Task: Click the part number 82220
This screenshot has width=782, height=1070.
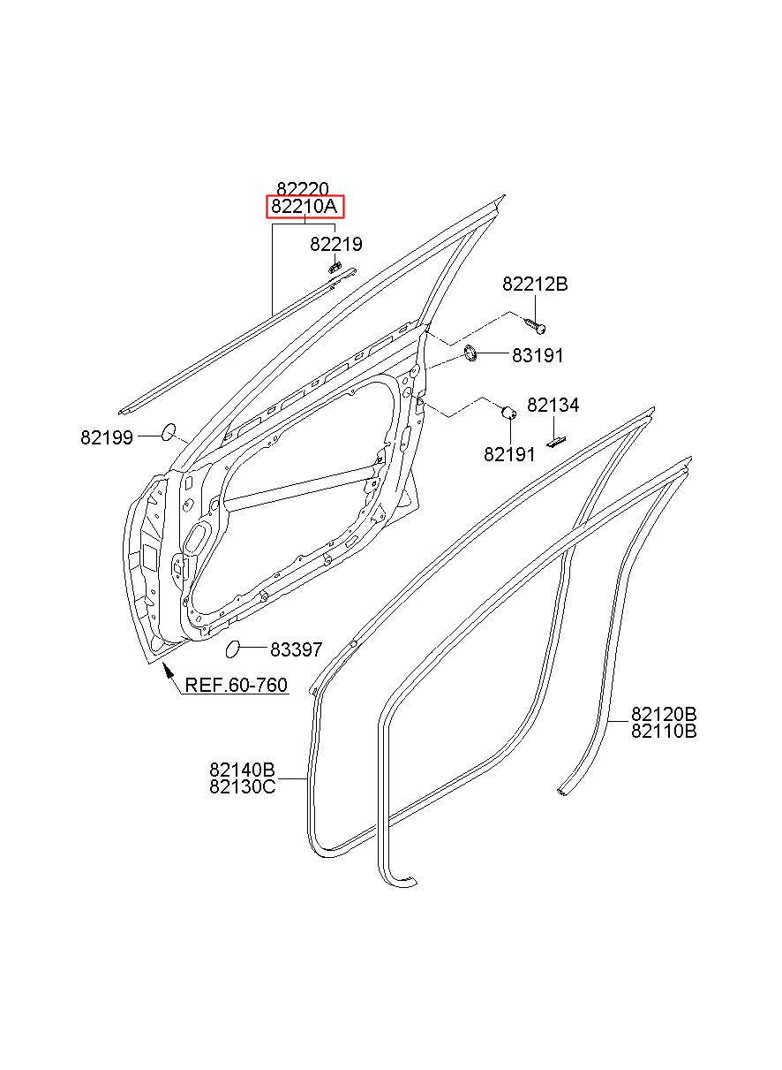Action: (x=303, y=189)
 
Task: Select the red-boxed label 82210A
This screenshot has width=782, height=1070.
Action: (x=305, y=208)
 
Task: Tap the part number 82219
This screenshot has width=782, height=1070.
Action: (x=335, y=245)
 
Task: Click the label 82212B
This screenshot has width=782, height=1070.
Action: (x=535, y=285)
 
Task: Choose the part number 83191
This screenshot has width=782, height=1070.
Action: (x=538, y=355)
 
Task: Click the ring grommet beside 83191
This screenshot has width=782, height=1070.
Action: (x=471, y=354)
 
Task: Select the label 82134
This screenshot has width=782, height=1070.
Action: (x=553, y=406)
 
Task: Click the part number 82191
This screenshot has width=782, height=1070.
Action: (x=509, y=454)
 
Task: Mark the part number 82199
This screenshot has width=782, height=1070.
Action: (x=107, y=437)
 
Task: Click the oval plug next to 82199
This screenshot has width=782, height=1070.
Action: (x=168, y=432)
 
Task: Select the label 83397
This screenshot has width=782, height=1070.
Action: (x=297, y=649)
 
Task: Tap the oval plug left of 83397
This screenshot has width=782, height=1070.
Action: (x=233, y=649)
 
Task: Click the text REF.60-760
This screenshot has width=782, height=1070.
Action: (x=236, y=686)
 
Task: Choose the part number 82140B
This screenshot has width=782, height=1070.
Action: (x=242, y=769)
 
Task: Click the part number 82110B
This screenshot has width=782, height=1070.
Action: (x=664, y=731)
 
